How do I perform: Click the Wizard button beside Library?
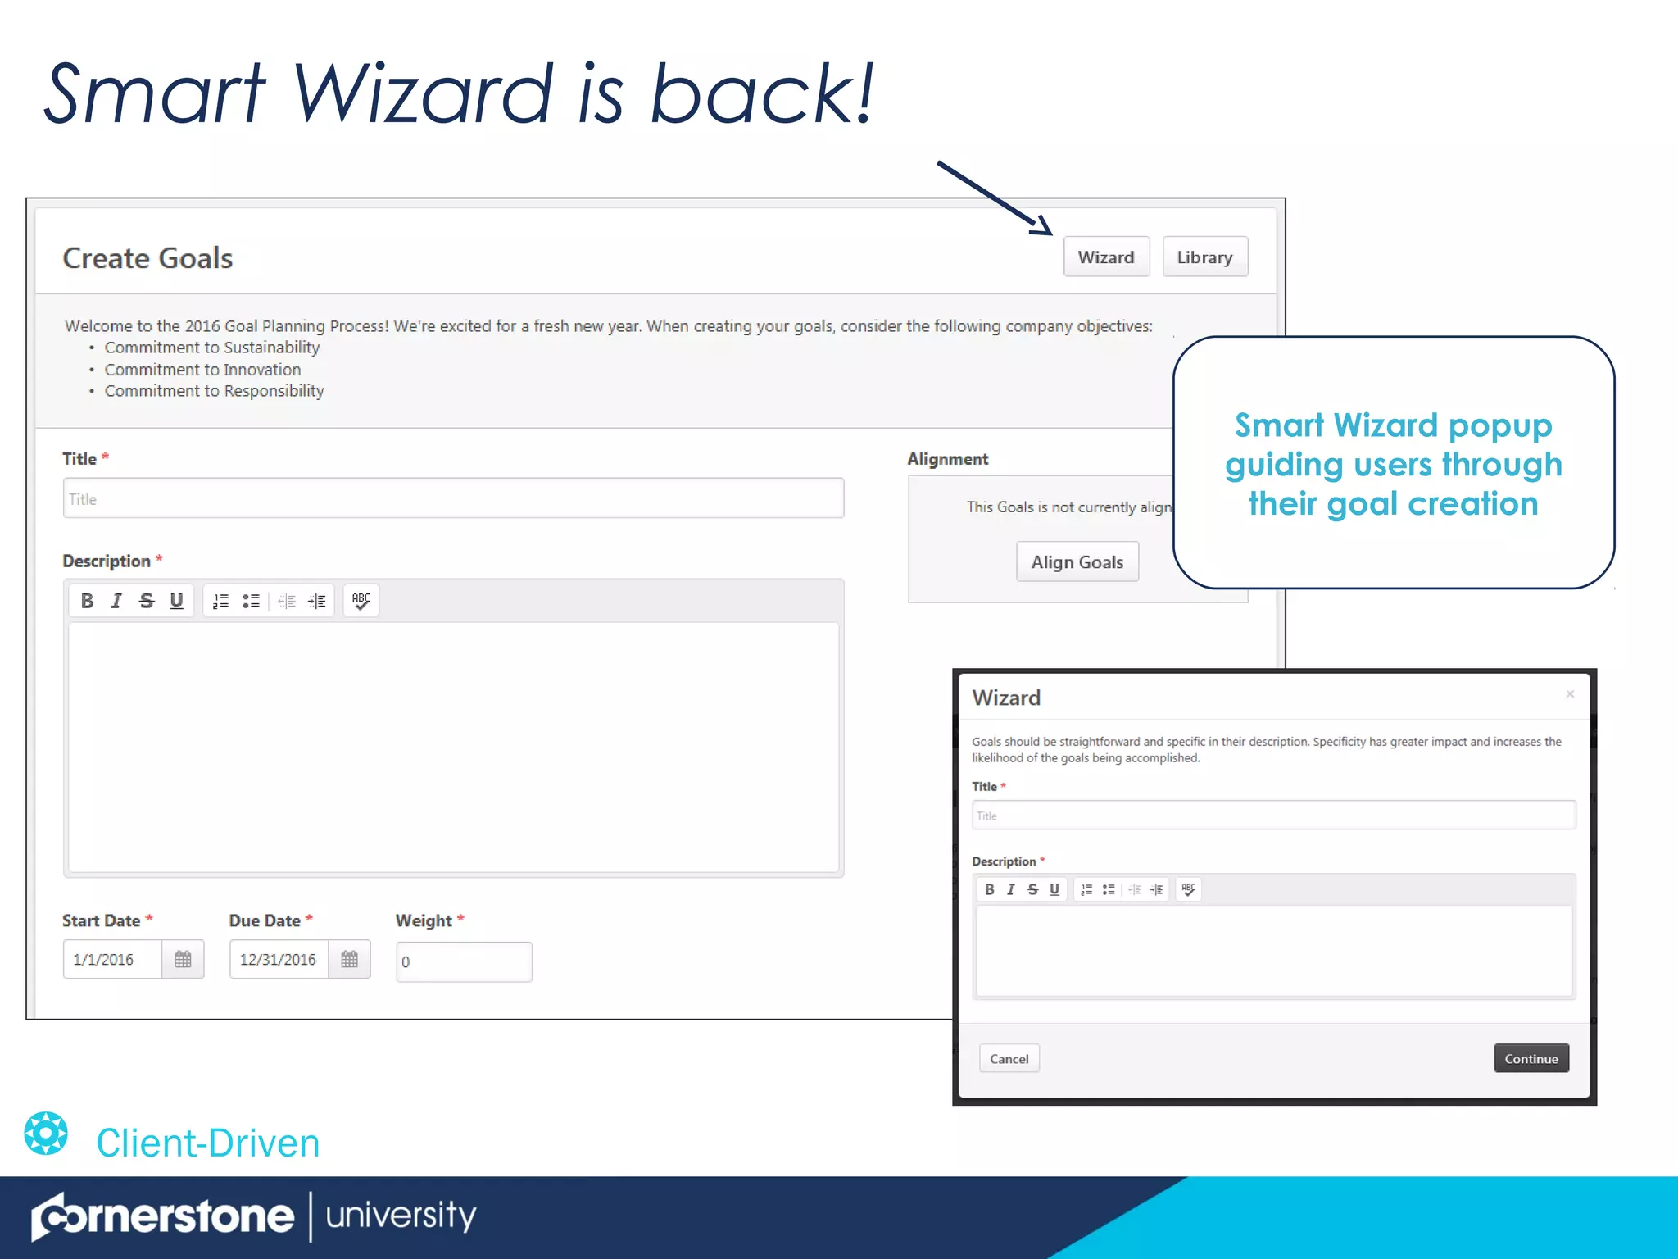point(1105,257)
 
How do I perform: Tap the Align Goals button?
point(1077,562)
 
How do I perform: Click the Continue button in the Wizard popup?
point(1531,1058)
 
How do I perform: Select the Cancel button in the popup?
point(1009,1058)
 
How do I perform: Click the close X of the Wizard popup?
point(1570,694)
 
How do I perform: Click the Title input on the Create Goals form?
point(453,498)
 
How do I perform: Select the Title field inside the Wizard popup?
point(1273,816)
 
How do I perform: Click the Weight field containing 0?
point(464,961)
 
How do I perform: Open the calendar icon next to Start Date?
point(183,959)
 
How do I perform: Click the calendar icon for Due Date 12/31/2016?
point(350,959)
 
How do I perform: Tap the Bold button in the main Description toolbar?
point(87,601)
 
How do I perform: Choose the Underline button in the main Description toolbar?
point(176,601)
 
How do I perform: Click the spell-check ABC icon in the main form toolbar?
point(361,601)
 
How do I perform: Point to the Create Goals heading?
point(147,258)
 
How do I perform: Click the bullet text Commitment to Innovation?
point(202,370)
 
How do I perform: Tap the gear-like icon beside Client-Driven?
point(46,1134)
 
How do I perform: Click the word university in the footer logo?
point(401,1216)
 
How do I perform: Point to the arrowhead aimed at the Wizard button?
point(1044,227)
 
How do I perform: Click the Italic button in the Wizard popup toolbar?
point(1010,889)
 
